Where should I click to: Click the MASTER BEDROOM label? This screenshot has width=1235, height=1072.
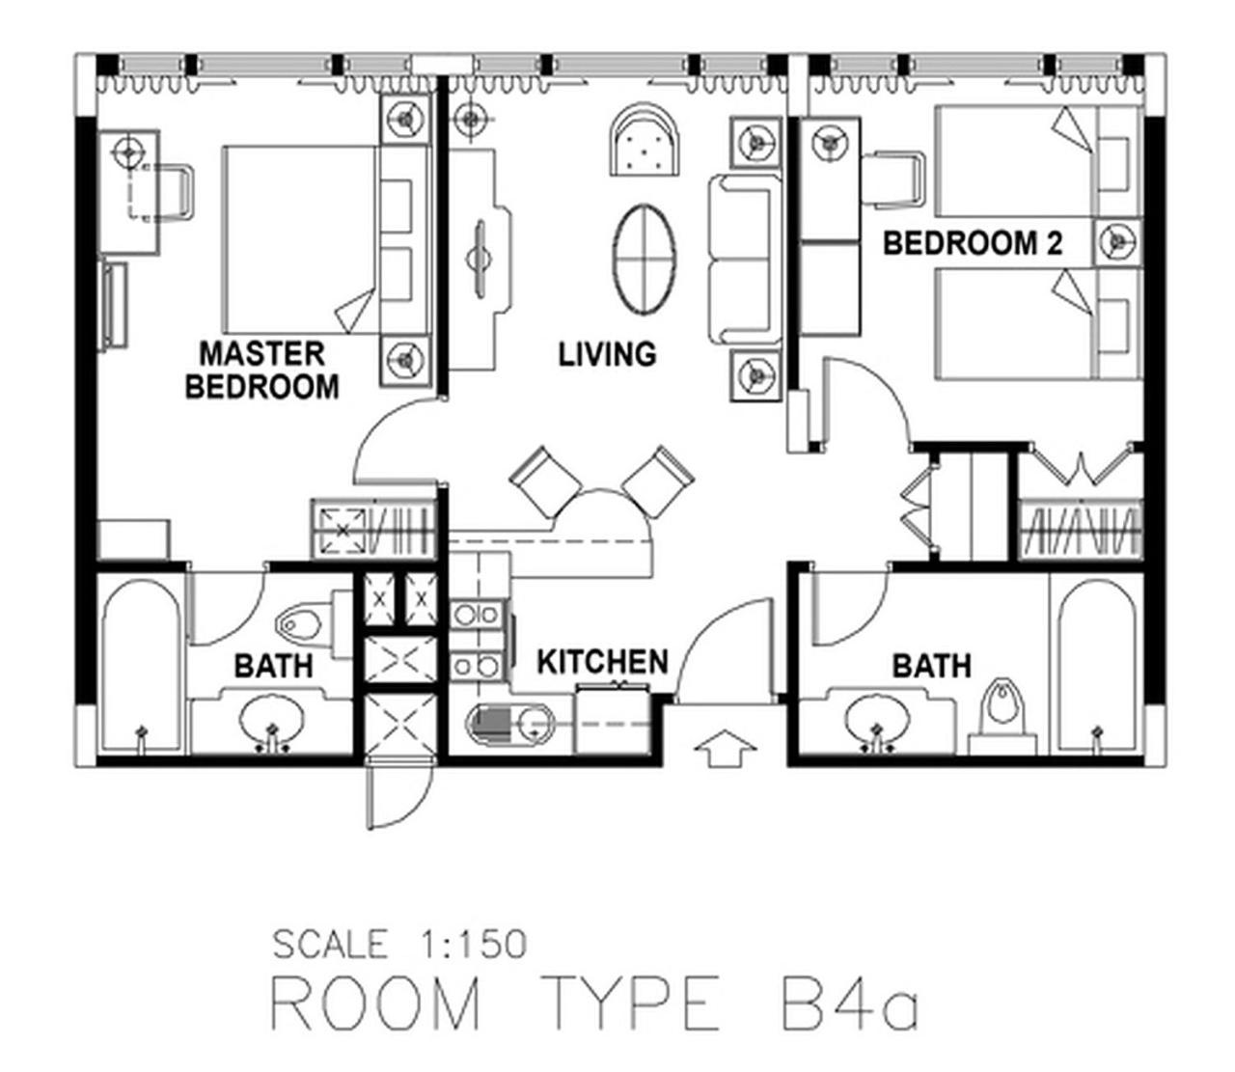pyautogui.click(x=262, y=370)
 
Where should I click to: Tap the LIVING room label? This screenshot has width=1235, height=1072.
pyautogui.click(x=607, y=354)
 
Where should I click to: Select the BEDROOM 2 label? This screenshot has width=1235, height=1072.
pyautogui.click(x=972, y=243)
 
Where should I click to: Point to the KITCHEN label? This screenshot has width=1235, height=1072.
pyautogui.click(x=602, y=662)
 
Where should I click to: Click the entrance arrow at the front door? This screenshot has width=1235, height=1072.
pyautogui.click(x=725, y=748)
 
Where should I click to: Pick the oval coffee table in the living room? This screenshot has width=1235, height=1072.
pyautogui.click(x=645, y=259)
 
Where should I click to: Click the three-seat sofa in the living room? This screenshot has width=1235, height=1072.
pyautogui.click(x=745, y=260)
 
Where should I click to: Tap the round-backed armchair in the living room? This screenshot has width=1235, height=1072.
pyautogui.click(x=645, y=140)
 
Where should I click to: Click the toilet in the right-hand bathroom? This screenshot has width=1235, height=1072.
pyautogui.click(x=1002, y=717)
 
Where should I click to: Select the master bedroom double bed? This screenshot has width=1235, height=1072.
pyautogui.click(x=326, y=239)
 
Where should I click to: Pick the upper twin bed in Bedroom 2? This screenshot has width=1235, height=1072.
pyautogui.click(x=1036, y=161)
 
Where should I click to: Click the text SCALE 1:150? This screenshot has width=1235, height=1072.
pyautogui.click(x=399, y=944)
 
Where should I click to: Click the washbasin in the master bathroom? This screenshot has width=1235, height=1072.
pyautogui.click(x=271, y=719)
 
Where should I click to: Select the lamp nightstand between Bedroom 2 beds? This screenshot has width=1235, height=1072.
pyautogui.click(x=1117, y=242)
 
